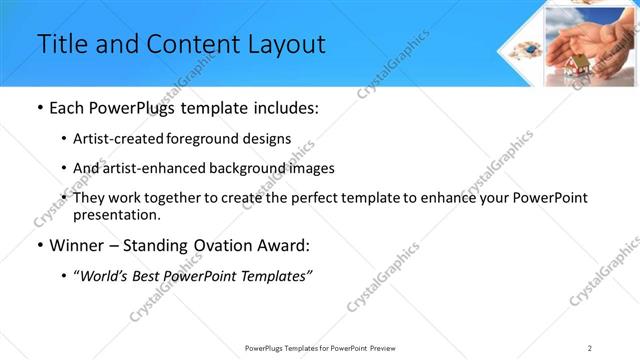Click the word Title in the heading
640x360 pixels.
[x=62, y=44]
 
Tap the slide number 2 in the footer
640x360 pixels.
[x=590, y=347]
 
